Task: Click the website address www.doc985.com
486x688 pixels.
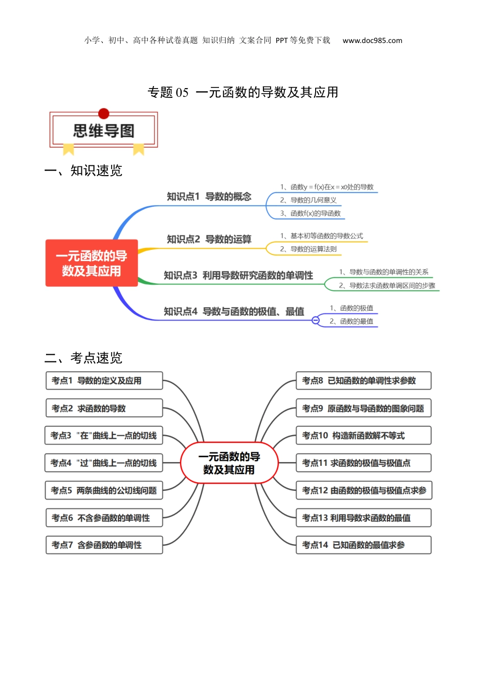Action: click(372, 40)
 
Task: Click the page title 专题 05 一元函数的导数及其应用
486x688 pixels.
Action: click(243, 92)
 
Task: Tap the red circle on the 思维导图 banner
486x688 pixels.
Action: click(104, 114)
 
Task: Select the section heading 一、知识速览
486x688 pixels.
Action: click(83, 170)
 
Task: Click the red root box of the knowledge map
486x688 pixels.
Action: click(92, 263)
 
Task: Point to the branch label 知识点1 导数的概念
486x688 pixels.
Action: click(209, 197)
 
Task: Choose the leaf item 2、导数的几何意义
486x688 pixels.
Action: click(308, 200)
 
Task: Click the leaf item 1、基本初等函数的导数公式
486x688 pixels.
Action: click(321, 236)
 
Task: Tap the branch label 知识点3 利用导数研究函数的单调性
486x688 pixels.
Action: click(238, 275)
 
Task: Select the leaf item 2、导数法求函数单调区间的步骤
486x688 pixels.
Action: click(387, 286)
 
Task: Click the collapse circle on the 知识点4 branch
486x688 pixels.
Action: click(315, 320)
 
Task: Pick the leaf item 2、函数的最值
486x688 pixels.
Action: click(351, 321)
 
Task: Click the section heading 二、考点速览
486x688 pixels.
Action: click(83, 358)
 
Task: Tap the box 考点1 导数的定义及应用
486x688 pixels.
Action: click(104, 380)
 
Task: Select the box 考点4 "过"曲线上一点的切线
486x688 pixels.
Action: click(104, 463)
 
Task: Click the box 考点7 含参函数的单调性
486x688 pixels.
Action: click(104, 545)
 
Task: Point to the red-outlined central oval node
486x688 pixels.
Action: click(229, 463)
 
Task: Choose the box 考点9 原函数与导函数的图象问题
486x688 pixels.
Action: click(364, 408)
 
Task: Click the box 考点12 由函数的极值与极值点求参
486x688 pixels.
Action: click(364, 490)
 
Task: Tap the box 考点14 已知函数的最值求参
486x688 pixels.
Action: click(364, 545)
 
